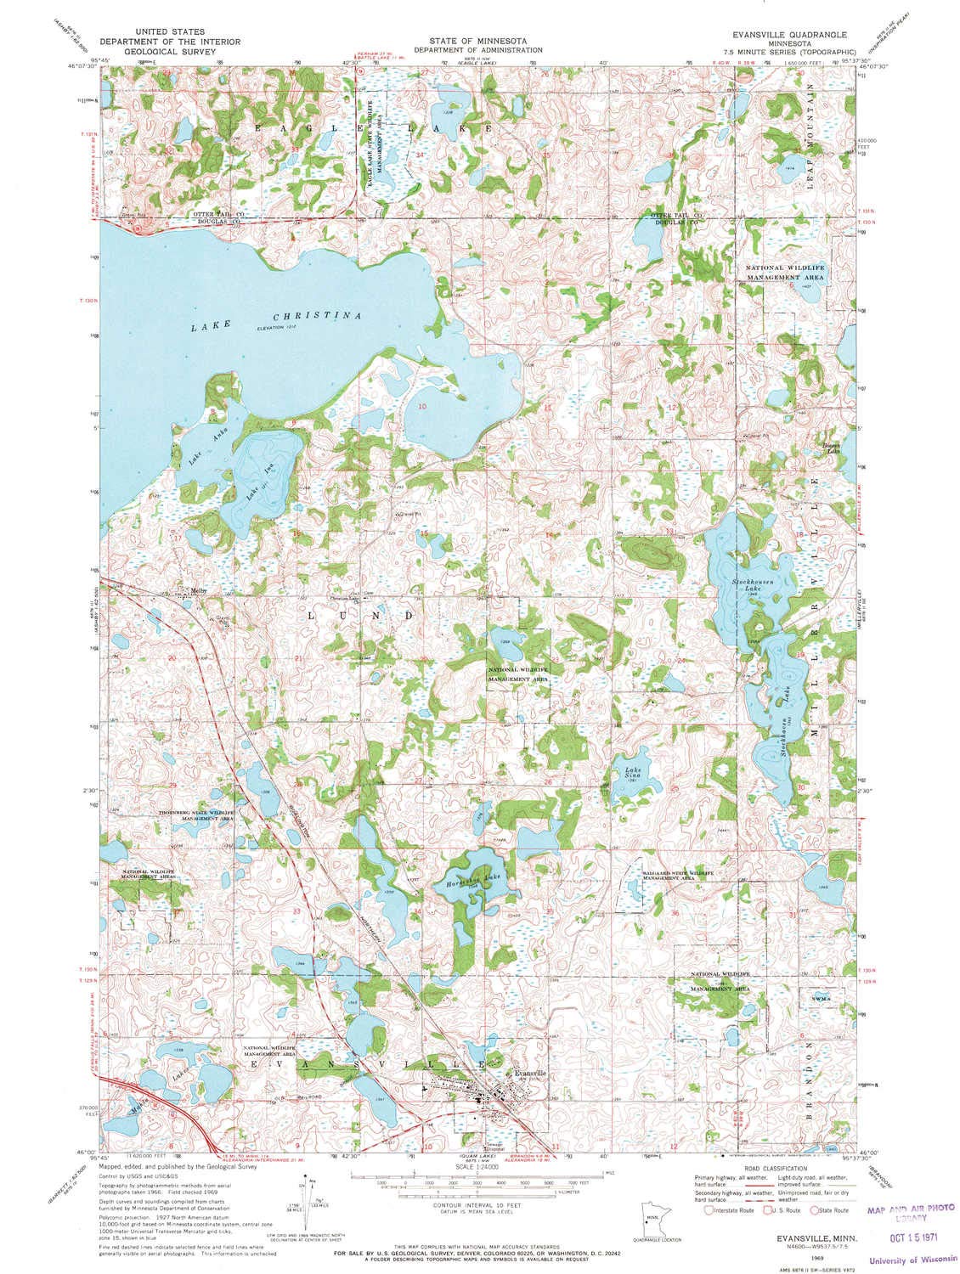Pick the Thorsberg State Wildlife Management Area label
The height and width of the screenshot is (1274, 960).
click(x=196, y=816)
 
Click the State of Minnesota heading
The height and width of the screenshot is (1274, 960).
click(x=477, y=40)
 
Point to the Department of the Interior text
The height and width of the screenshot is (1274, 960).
click(x=169, y=41)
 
